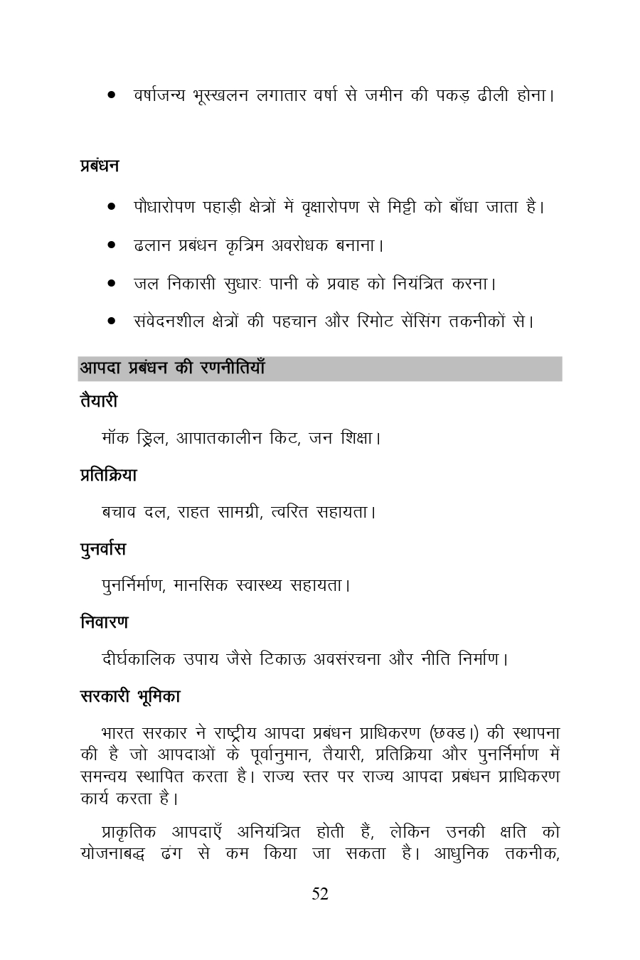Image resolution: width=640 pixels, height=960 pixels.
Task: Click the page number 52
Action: point(320,895)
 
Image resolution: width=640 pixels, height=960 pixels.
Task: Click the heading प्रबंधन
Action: point(100,166)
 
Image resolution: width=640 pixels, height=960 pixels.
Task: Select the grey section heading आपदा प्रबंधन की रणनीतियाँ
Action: point(172,368)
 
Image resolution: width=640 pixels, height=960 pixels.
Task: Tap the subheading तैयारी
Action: point(99,402)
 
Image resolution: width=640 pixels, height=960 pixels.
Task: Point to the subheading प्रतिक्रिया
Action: point(108,475)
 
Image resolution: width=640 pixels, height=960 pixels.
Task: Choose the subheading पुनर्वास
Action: point(103,549)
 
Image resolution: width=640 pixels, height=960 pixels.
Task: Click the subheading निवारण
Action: point(105,622)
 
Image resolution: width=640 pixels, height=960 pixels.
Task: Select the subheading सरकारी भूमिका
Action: point(130,697)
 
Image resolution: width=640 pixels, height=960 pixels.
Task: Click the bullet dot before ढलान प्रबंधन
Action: point(112,246)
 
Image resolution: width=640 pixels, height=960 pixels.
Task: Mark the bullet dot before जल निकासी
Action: point(112,284)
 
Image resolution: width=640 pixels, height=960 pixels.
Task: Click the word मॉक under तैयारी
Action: point(116,438)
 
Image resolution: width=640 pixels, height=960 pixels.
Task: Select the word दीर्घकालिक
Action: point(139,659)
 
